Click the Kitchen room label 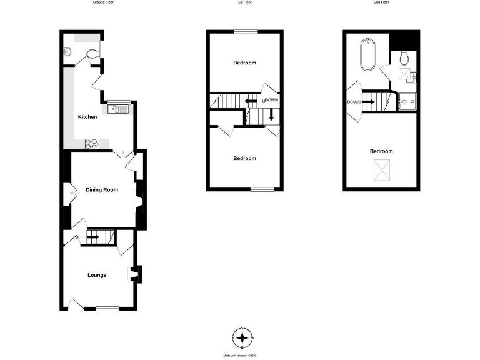coord(87,117)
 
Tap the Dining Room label coord(102,189)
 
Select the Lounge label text coord(96,275)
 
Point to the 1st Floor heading coord(244,2)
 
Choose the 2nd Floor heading coord(381,2)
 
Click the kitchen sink coord(117,110)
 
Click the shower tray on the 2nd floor coord(408,101)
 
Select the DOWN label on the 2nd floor coord(352,101)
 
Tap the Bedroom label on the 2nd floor coord(381,151)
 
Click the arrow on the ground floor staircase coord(93,237)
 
